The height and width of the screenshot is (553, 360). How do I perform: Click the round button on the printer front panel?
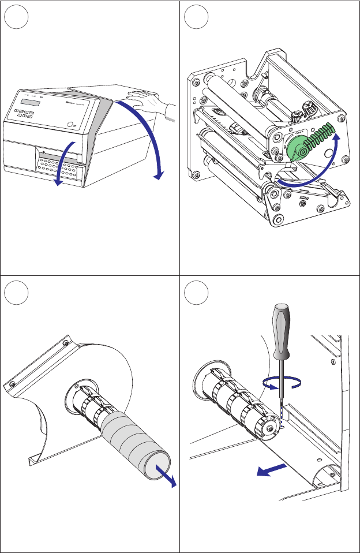70,124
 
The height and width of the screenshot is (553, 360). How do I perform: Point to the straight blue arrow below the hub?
271,469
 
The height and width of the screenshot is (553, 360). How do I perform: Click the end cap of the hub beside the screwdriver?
270,428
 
